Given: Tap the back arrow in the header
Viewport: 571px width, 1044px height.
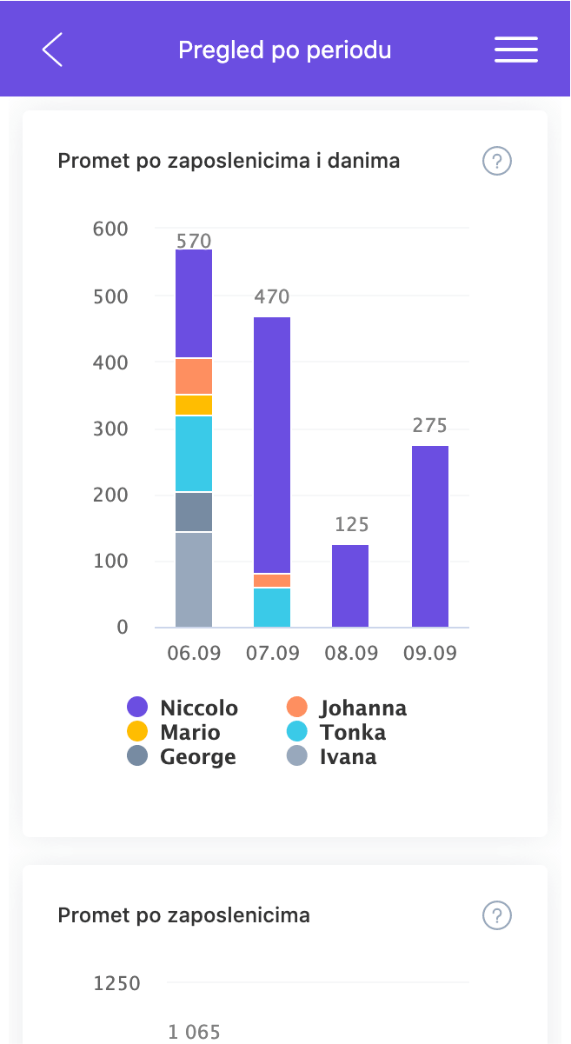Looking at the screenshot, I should point(52,50).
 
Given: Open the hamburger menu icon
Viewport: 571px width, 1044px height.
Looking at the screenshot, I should point(516,50).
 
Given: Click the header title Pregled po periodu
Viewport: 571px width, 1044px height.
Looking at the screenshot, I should point(285,50).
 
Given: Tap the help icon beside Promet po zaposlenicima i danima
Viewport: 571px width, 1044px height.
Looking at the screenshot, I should point(497,161).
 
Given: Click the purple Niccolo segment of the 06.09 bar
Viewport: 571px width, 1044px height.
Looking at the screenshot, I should point(194,303).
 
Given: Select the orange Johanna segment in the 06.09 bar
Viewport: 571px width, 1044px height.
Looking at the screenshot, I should point(194,376).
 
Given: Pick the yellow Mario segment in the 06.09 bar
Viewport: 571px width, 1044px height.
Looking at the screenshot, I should point(194,405).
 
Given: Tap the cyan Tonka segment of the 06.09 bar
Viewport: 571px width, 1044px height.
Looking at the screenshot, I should point(194,454).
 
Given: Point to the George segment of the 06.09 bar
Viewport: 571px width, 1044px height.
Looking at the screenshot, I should point(194,512).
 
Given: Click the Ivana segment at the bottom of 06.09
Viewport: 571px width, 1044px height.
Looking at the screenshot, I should point(194,579).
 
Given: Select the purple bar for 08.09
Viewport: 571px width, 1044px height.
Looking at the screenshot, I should point(350,586).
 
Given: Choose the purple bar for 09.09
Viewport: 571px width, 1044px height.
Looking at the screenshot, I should point(430,536).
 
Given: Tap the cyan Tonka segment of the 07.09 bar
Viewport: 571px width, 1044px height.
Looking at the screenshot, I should point(272,608).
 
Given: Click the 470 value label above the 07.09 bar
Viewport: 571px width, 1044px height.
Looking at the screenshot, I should point(272,297).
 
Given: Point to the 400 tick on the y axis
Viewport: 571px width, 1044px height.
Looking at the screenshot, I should point(110,362).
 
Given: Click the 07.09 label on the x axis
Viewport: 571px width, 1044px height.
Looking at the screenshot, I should point(272,654).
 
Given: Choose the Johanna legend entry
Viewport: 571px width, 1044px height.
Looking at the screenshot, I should point(348,708).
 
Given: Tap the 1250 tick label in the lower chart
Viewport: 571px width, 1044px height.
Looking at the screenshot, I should point(116,984).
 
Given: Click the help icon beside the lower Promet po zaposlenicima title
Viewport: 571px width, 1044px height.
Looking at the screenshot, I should point(497,915).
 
